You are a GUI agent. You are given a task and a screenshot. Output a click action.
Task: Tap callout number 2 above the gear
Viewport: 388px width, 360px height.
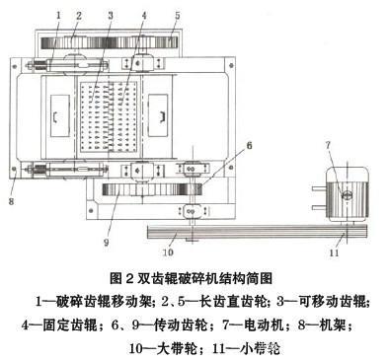click(79, 16)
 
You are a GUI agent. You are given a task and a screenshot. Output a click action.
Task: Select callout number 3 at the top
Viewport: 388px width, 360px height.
click(112, 16)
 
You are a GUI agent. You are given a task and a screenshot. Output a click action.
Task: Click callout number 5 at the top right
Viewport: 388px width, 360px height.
click(178, 16)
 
